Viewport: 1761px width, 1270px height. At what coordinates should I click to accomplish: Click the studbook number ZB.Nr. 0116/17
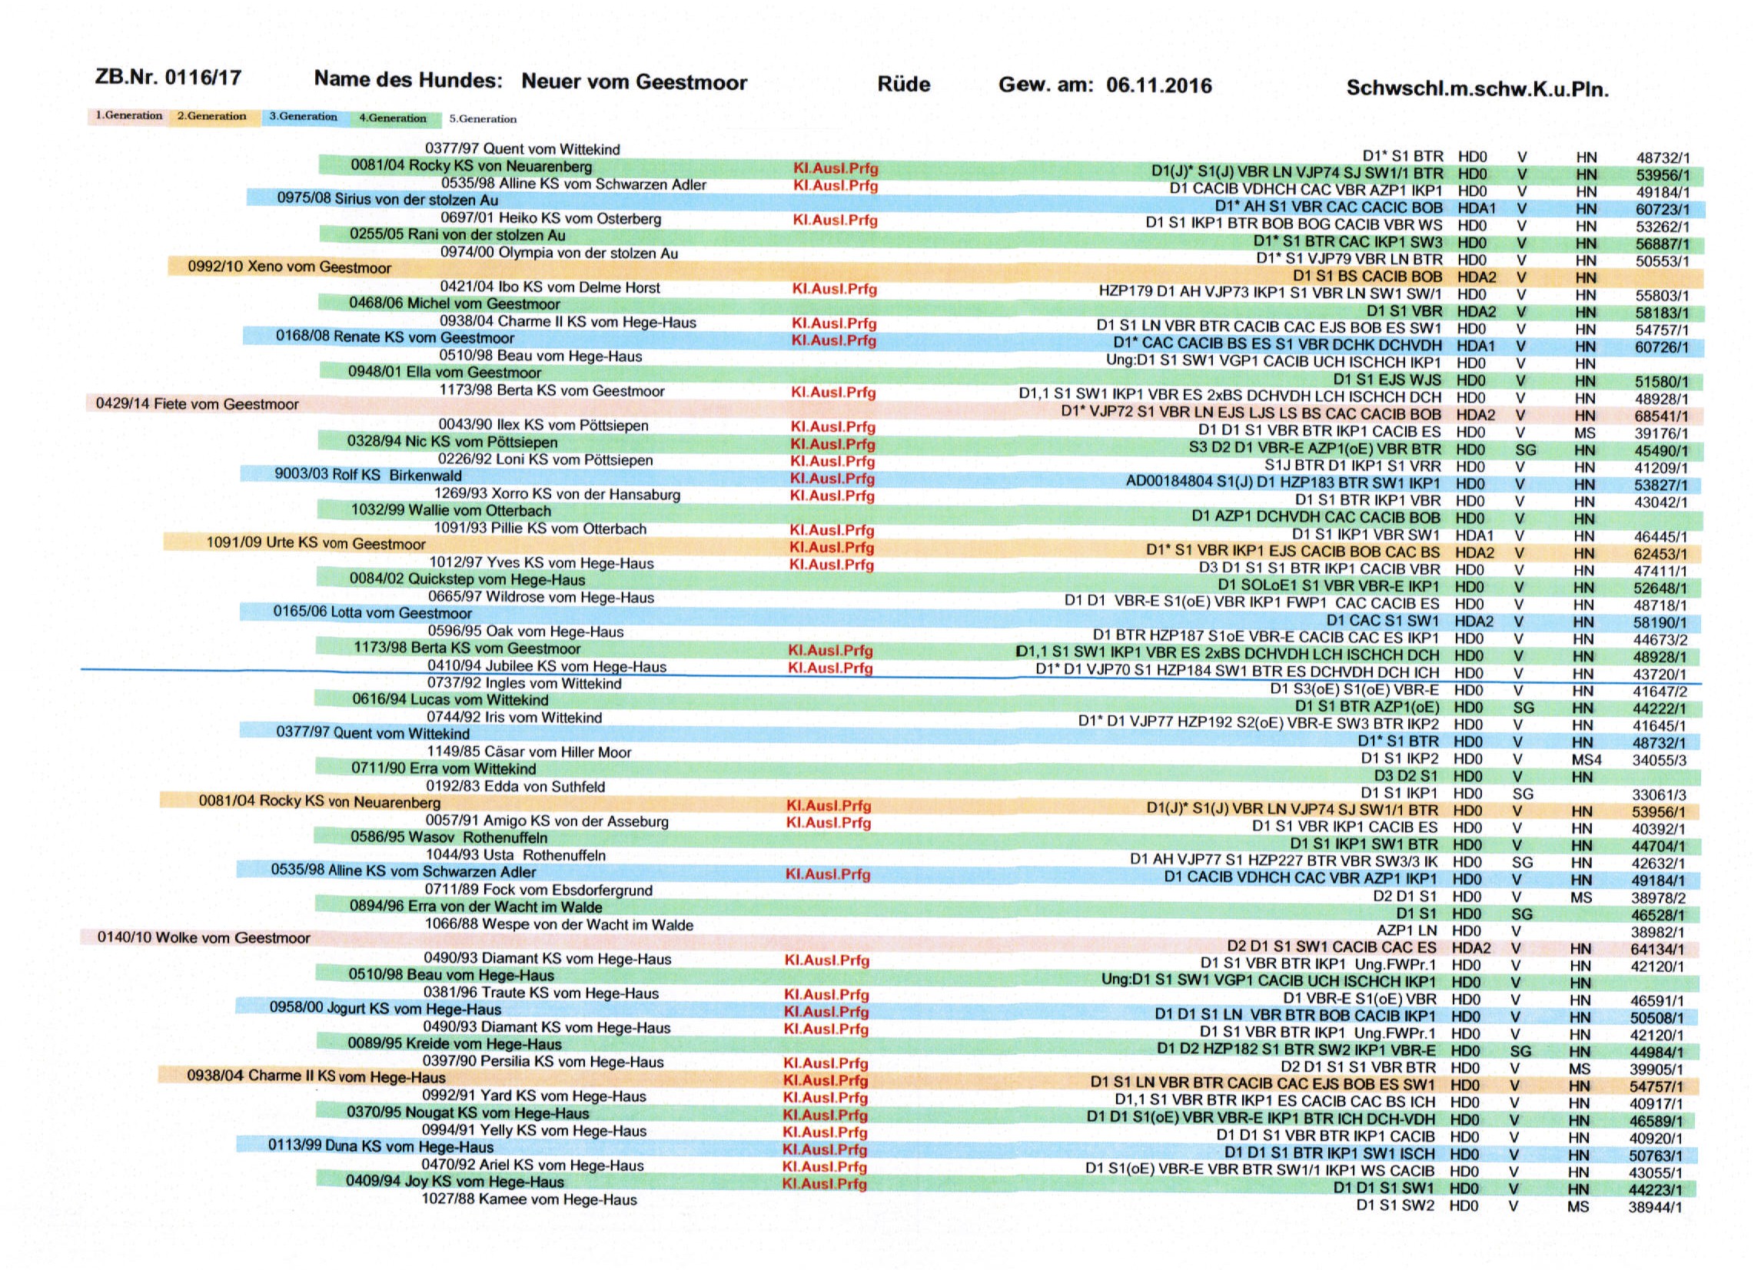[x=168, y=78]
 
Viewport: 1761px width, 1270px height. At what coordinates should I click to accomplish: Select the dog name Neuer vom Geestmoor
[x=633, y=81]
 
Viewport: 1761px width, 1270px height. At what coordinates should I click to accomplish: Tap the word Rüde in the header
[x=903, y=84]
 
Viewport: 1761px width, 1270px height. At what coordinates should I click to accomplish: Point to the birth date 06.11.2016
[x=1158, y=85]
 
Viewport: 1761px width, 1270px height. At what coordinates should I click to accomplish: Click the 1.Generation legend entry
[x=129, y=116]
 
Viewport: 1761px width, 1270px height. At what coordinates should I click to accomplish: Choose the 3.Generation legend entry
[x=303, y=117]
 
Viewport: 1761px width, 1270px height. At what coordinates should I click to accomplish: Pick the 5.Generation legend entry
[x=482, y=119]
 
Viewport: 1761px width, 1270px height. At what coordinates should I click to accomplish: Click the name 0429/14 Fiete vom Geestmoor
[x=198, y=403]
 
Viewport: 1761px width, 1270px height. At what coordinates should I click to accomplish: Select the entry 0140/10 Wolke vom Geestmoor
[x=204, y=938]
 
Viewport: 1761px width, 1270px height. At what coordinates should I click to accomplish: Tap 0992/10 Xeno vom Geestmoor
[x=289, y=267]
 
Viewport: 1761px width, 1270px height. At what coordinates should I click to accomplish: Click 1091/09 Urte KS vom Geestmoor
[x=315, y=542]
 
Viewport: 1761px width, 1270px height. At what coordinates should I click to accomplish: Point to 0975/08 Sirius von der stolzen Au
[x=387, y=199]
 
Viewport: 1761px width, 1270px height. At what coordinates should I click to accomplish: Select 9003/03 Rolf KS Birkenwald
[x=368, y=475]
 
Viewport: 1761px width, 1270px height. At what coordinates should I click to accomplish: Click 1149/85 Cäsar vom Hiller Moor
[x=529, y=751]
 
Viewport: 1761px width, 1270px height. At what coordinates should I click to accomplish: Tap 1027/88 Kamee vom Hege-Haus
[x=529, y=1199]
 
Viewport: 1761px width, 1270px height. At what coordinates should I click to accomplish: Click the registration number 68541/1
[x=1660, y=416]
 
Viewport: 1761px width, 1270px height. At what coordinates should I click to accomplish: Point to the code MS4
[x=1586, y=759]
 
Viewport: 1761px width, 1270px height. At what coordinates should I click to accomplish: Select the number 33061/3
[x=1659, y=794]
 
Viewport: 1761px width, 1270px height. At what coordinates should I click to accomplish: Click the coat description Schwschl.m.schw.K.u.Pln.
[x=1477, y=88]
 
